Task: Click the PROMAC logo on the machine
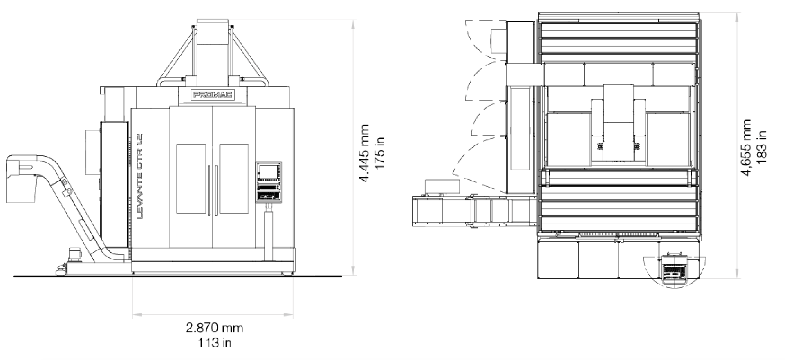[x=213, y=95]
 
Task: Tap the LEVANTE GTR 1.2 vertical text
[x=138, y=176]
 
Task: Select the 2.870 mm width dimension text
[x=215, y=328]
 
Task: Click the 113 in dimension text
[x=215, y=342]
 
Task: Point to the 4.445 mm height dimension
[x=363, y=153]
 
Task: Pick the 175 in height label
[x=379, y=153]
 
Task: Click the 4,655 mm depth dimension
[x=746, y=148]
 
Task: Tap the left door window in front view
[x=191, y=179]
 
